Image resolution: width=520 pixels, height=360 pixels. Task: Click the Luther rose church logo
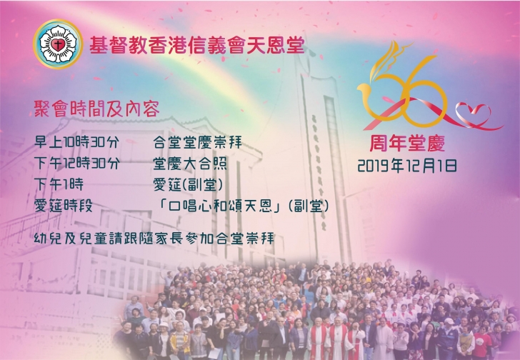pyautogui.click(x=58, y=44)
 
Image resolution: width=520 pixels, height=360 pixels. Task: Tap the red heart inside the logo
pyautogui.click(x=58, y=44)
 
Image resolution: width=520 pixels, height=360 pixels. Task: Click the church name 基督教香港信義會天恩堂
pyautogui.click(x=197, y=45)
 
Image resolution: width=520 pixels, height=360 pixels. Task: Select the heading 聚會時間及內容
pyautogui.click(x=97, y=109)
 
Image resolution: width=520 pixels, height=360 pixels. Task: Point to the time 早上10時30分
pyautogui.click(x=76, y=143)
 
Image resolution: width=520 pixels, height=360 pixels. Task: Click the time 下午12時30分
pyautogui.click(x=77, y=164)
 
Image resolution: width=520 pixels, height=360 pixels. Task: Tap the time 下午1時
pyautogui.click(x=59, y=184)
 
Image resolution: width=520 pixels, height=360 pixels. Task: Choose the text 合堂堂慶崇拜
pyautogui.click(x=198, y=143)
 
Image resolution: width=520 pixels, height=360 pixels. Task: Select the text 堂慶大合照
pyautogui.click(x=190, y=164)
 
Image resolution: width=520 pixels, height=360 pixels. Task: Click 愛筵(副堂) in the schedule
pyautogui.click(x=188, y=184)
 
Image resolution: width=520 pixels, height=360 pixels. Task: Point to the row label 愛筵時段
pyautogui.click(x=64, y=206)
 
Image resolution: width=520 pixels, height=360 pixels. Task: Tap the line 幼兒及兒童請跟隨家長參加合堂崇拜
pyautogui.click(x=154, y=239)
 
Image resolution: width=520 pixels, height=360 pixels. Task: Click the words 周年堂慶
pyautogui.click(x=407, y=144)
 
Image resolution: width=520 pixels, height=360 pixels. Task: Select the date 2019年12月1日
pyautogui.click(x=407, y=166)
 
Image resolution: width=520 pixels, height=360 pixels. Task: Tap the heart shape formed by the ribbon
pyautogui.click(x=473, y=114)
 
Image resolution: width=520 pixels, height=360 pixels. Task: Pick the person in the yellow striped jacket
pyautogui.click(x=180, y=341)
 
